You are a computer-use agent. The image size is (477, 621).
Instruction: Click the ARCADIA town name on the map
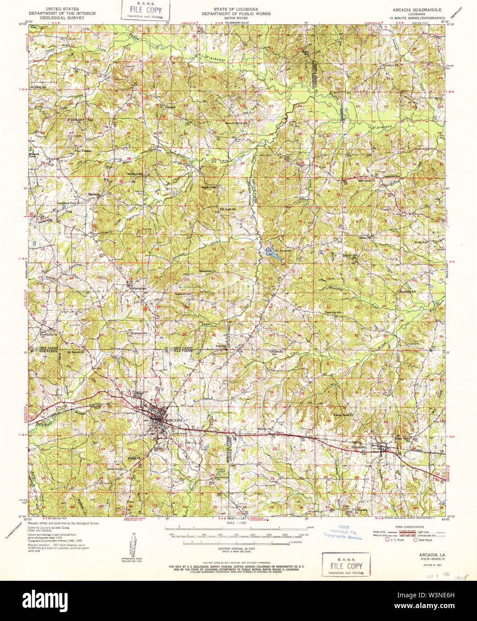175,421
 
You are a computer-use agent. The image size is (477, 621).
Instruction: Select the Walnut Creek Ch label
343,415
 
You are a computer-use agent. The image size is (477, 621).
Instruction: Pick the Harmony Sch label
278,352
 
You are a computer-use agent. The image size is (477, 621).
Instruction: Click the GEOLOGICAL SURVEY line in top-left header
62,18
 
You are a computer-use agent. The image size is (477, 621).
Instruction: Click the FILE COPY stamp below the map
346,565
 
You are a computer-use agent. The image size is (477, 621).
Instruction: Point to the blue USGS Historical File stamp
343,532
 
